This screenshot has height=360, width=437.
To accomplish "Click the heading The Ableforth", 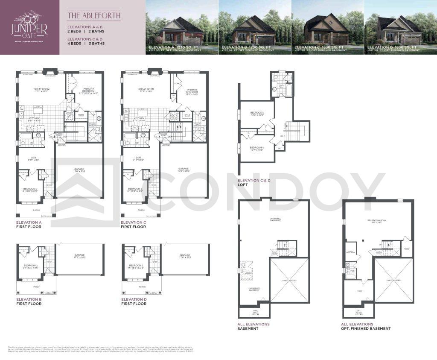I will click(x=93, y=16).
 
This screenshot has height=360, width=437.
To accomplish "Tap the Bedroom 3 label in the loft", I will click(x=257, y=114).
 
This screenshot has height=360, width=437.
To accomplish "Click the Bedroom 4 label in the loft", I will click(x=257, y=148).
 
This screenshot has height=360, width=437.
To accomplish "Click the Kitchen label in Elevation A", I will click(x=35, y=119).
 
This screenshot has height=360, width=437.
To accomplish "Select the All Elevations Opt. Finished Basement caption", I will click(x=366, y=326).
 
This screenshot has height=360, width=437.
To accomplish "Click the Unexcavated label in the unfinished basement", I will click(x=289, y=280).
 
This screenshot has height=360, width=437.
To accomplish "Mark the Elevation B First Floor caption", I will click(x=29, y=301).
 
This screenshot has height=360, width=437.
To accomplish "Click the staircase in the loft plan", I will click(x=297, y=131).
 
